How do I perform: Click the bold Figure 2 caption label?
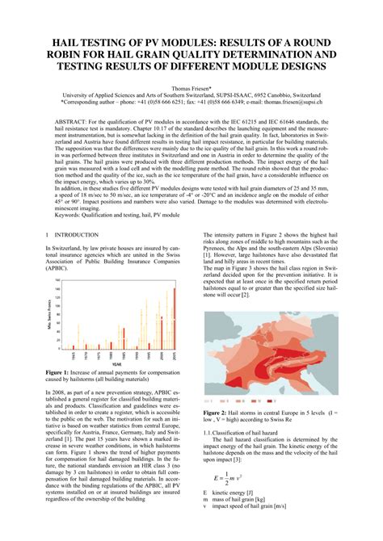(x=219, y=413)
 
